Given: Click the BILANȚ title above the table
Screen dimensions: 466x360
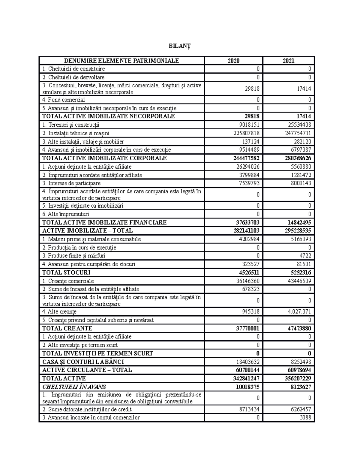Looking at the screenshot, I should (180, 46).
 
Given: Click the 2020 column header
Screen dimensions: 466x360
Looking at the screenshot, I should (233, 61).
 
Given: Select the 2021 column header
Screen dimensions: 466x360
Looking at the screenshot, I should (288, 61).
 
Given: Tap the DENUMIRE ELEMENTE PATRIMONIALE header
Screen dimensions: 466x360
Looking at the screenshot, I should (121, 61).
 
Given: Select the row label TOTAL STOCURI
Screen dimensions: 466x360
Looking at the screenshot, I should (66, 273).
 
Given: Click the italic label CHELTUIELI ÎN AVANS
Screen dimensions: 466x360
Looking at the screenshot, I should (74, 387).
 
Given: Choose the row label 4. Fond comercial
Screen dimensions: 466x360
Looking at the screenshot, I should (64, 100).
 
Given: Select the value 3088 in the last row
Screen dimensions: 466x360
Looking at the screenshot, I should (305, 417).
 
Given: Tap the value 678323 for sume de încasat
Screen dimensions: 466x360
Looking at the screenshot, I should (251, 289).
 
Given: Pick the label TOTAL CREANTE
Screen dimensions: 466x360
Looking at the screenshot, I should (67, 329).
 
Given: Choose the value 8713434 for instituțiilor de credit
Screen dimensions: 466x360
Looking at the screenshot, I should (248, 409).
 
